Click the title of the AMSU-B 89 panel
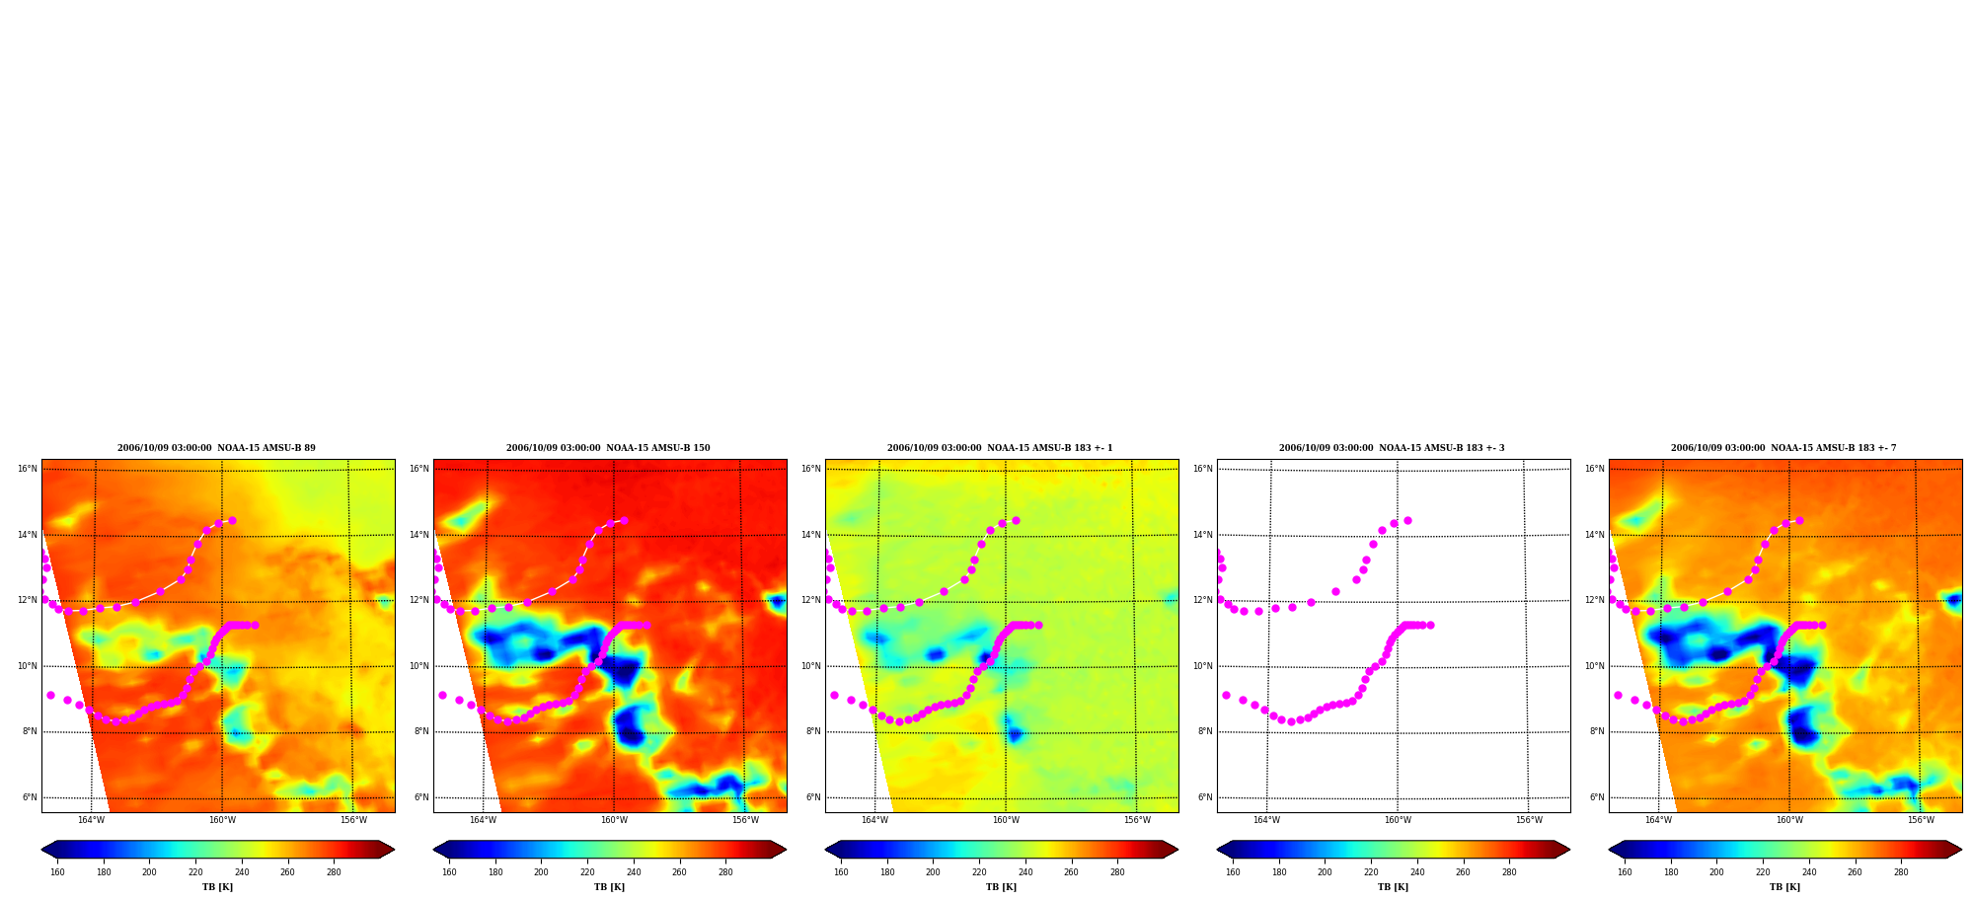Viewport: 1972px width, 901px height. [216, 448]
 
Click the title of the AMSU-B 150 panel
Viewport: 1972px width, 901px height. [608, 448]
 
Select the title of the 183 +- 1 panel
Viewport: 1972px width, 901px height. [1000, 448]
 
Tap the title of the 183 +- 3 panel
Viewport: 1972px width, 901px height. [1392, 448]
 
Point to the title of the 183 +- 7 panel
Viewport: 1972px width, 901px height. [1783, 448]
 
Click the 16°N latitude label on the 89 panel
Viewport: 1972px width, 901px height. [27, 469]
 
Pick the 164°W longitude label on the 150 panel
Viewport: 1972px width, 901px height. [483, 820]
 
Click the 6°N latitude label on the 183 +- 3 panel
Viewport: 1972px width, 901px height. [1205, 797]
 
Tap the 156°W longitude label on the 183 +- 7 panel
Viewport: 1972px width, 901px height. [1921, 820]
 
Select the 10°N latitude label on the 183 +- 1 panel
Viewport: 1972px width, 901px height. [810, 666]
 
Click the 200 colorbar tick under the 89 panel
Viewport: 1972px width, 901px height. [149, 872]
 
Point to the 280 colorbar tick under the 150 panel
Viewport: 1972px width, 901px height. [725, 872]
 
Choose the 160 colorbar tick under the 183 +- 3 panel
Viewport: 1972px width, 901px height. [1233, 872]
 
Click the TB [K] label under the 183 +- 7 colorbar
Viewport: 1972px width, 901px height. [1784, 887]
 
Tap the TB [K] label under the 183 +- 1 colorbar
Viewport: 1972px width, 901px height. [1001, 887]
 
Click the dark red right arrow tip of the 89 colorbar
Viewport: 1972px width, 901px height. [394, 850]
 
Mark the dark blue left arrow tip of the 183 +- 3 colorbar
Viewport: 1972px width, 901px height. [1218, 850]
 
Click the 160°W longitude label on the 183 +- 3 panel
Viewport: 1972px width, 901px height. [1398, 820]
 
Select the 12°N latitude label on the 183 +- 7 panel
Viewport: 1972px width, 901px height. [1594, 600]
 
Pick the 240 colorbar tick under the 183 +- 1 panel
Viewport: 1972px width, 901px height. [1025, 872]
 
